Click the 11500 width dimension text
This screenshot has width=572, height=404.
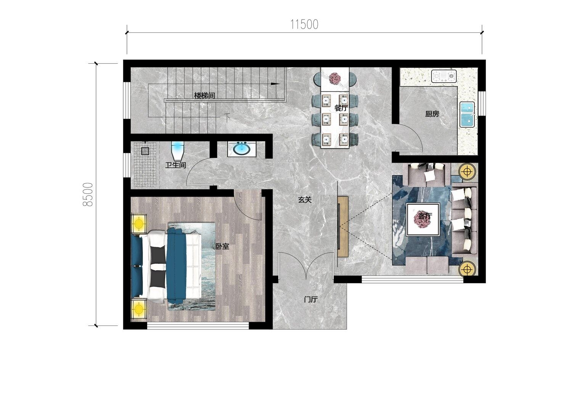pos(304,25)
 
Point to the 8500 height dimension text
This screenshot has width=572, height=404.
pos(88,194)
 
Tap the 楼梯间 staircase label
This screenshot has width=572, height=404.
pos(204,96)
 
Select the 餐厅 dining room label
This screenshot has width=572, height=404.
pos(341,108)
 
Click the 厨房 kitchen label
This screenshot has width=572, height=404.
pos(432,114)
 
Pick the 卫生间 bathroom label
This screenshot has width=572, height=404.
pos(175,165)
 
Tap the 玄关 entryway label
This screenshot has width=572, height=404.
pos(305,200)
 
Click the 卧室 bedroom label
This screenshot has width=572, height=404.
pos(222,246)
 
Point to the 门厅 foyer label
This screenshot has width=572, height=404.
pos(311,299)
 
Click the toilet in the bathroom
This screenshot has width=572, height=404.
pos(178,151)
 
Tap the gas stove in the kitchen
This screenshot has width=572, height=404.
pos(444,76)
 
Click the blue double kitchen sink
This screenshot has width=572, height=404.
pos(467,115)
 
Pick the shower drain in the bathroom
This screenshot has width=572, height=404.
pos(145,151)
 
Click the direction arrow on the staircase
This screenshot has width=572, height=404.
pos(275,84)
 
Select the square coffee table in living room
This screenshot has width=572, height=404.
pos(423,220)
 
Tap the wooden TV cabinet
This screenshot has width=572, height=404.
pos(343,226)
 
